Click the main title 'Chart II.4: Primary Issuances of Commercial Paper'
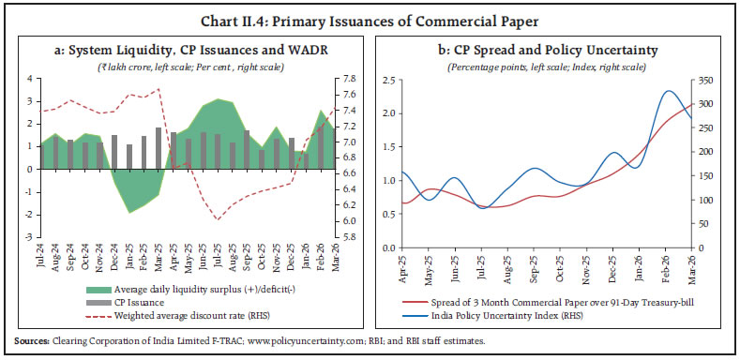coord(370,13)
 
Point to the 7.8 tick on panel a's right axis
coord(347,80)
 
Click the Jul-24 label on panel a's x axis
coord(43,259)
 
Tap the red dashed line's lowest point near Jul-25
coord(218,220)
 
